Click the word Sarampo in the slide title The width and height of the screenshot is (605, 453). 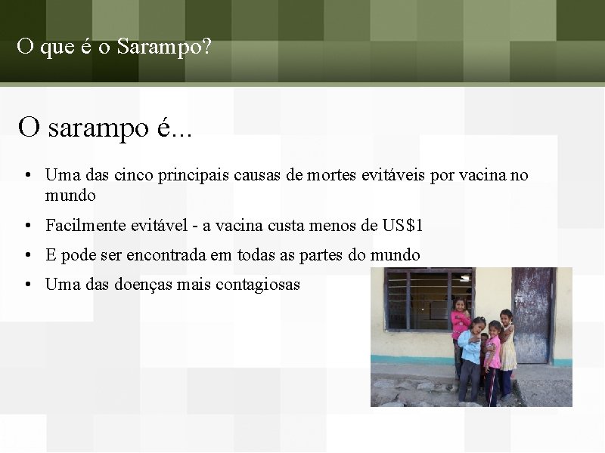click(165, 47)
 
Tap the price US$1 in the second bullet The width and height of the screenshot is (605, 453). click(403, 226)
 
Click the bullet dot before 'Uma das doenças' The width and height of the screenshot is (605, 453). click(26, 285)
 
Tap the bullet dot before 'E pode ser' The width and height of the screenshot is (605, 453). click(26, 256)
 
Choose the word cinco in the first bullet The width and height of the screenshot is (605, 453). click(134, 176)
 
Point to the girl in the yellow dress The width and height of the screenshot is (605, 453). click(507, 347)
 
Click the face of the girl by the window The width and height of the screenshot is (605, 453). click(460, 305)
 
